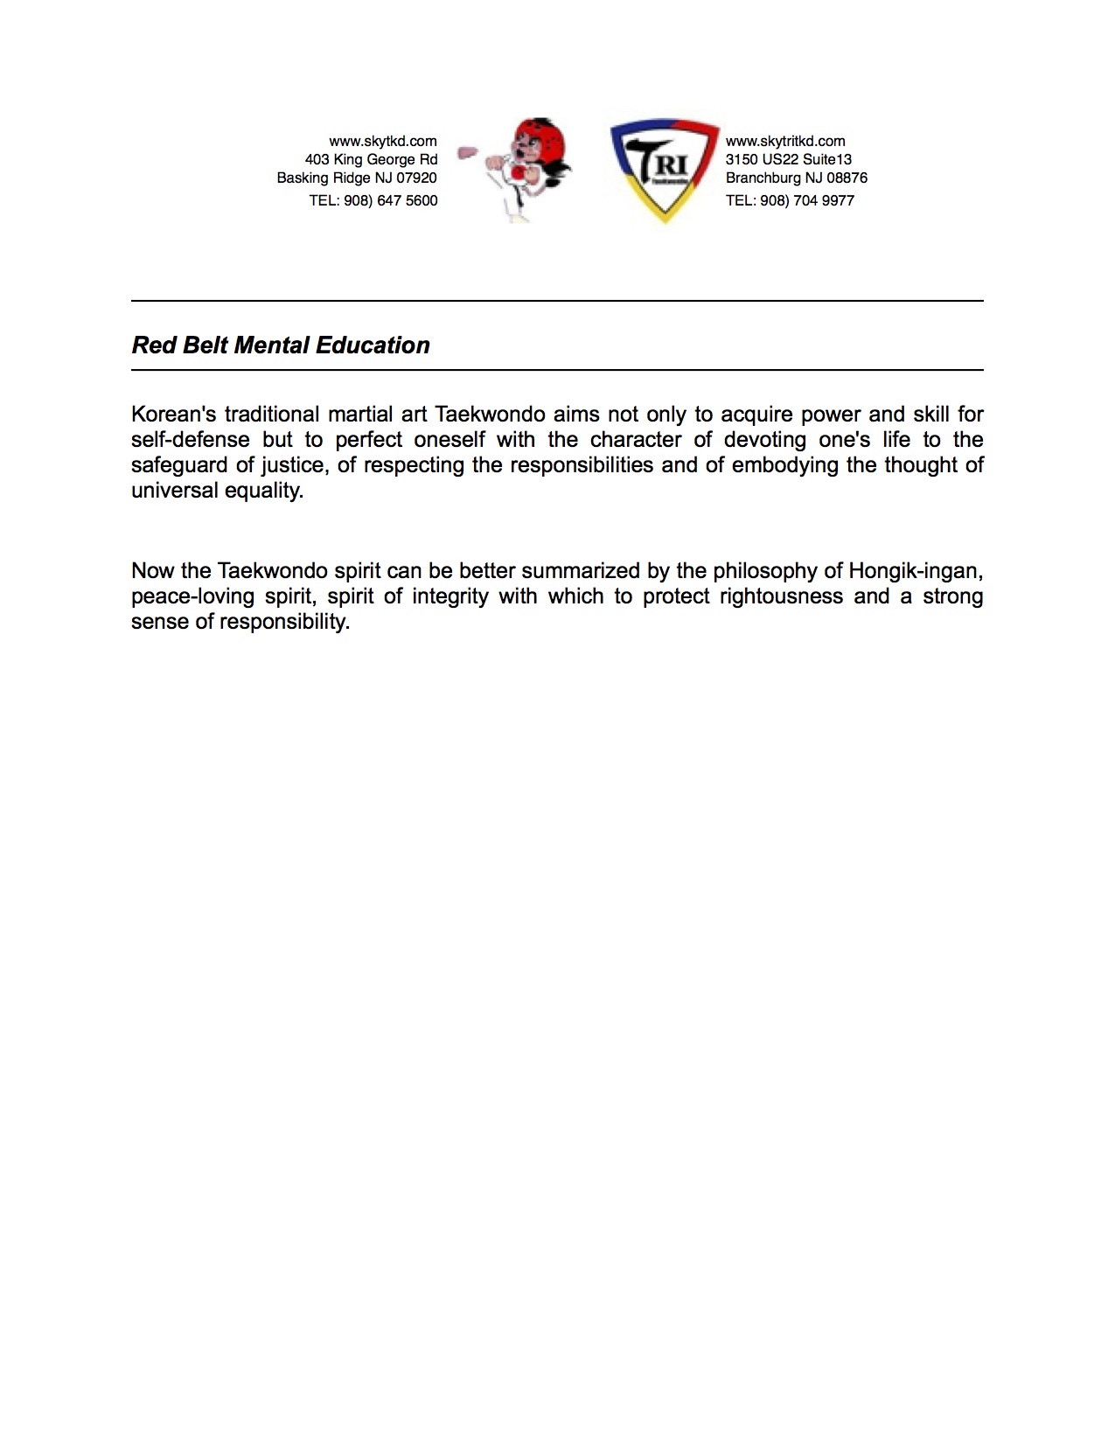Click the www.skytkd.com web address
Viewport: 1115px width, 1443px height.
(382, 141)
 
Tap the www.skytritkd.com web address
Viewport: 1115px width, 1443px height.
(785, 141)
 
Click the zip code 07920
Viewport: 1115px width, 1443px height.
(416, 178)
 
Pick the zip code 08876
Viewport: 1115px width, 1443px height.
(847, 178)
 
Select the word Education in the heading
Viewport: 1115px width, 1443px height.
(373, 345)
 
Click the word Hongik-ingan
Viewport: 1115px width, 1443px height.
(916, 571)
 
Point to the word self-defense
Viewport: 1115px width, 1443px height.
(190, 440)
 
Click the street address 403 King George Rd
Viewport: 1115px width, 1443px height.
(371, 159)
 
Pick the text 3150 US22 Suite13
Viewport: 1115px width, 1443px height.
(788, 159)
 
